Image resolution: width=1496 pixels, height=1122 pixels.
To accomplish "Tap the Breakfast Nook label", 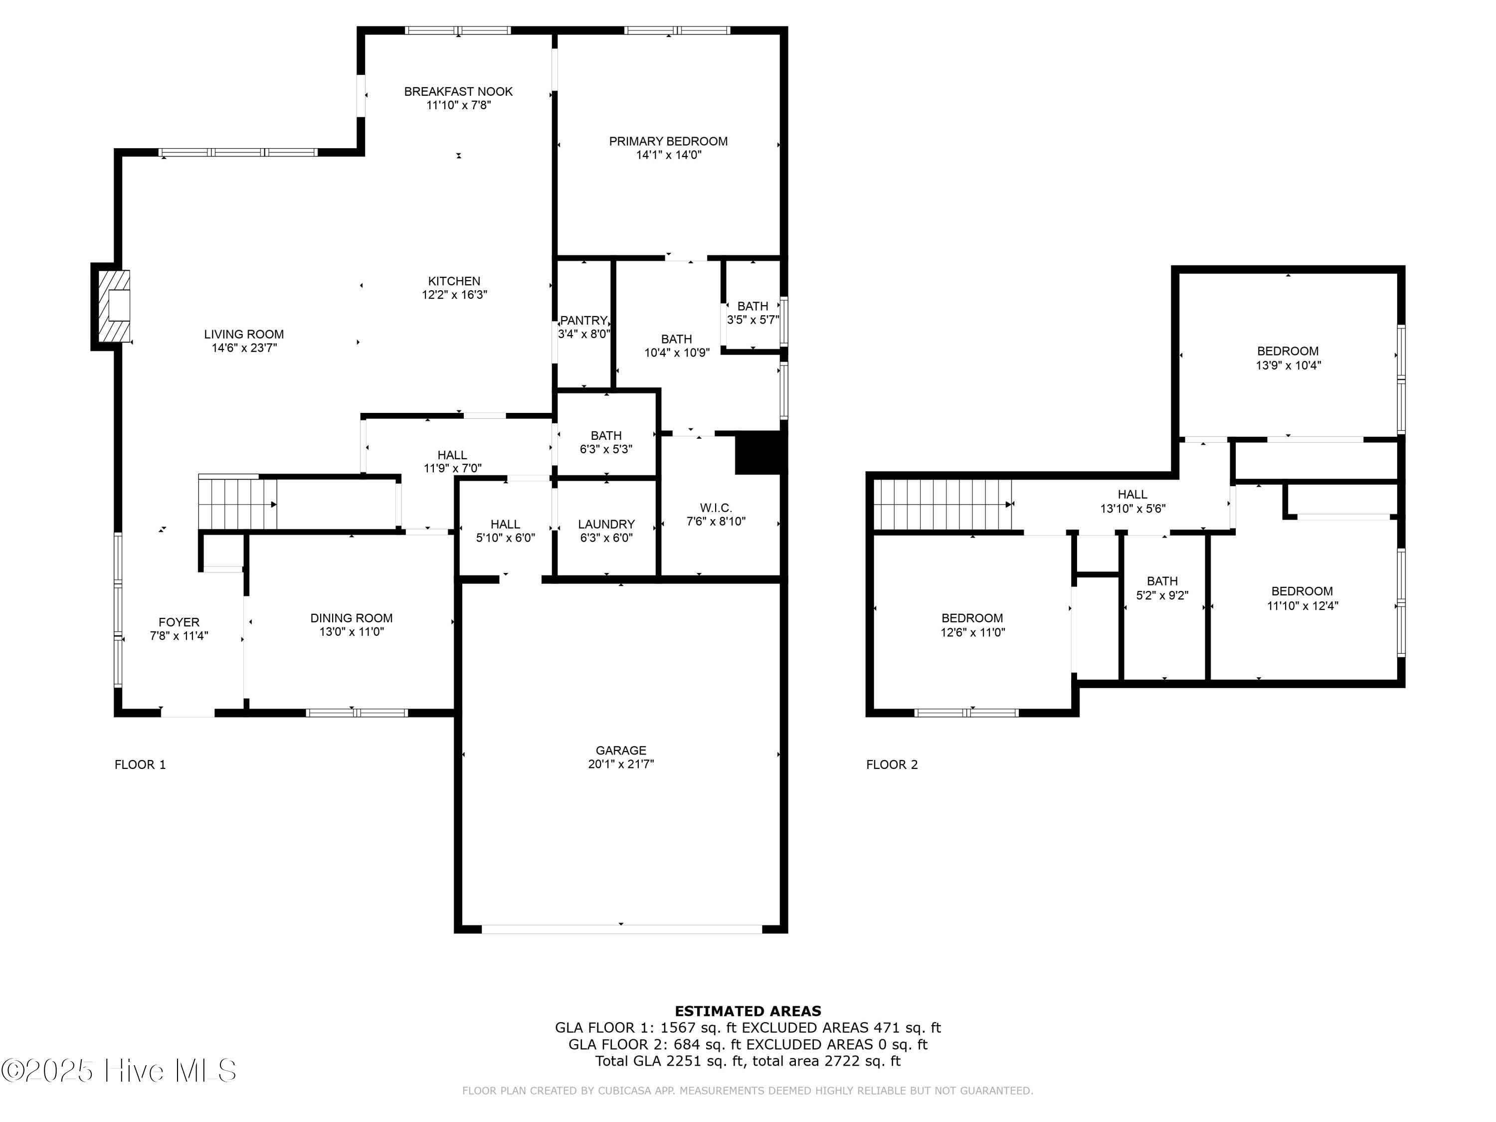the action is (459, 91).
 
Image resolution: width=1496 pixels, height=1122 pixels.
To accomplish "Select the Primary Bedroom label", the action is (668, 141).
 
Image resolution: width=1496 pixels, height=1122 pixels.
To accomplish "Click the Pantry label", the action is (583, 321).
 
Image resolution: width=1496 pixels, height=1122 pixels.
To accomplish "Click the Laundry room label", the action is (606, 524).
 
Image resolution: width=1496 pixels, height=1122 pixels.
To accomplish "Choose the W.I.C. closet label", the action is (716, 508).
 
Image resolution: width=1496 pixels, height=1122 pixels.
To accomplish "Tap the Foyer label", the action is (179, 622).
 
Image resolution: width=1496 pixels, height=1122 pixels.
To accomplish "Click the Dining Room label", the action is (351, 618).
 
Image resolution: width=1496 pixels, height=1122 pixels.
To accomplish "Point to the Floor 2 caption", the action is (892, 765).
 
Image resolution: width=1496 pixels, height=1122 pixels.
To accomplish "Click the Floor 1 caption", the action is (140, 765).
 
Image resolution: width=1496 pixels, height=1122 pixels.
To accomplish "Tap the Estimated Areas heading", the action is (748, 1011).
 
